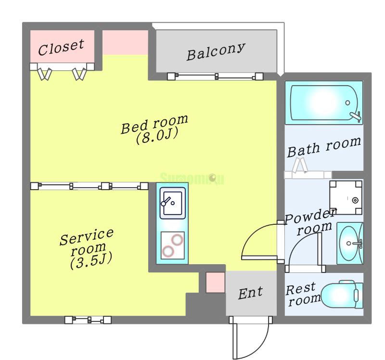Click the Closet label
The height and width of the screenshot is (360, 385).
[x=61, y=47]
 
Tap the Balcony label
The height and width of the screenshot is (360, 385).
[x=216, y=51]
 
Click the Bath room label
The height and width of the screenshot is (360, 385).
[x=323, y=146]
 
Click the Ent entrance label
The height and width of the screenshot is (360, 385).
[x=251, y=293]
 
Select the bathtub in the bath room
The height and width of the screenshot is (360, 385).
[x=324, y=103]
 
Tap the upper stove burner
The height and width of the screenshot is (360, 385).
[x=177, y=239]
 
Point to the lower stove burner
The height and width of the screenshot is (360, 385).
[x=168, y=251]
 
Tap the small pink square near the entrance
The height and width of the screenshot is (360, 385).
[x=215, y=283]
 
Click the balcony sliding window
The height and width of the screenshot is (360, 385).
[x=215, y=76]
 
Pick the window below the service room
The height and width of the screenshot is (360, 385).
[x=88, y=320]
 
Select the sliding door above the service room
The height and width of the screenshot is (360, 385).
[x=89, y=186]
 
